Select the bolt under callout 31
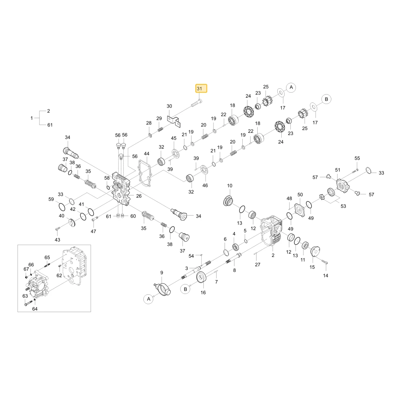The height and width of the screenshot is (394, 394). point(196,103)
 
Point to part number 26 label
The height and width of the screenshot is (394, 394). point(139,196)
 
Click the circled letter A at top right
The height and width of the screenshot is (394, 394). point(291,87)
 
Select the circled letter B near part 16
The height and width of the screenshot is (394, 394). point(186,289)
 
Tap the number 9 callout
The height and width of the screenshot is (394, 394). point(162,273)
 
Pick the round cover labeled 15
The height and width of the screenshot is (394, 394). point(315,251)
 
